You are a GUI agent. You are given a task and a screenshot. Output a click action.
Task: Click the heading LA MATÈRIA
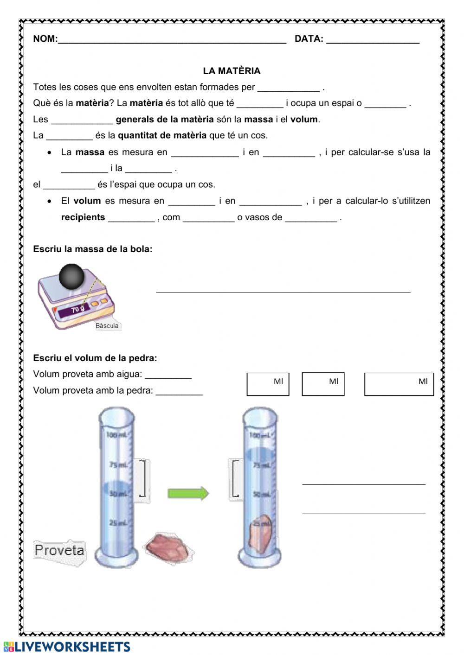[x=232, y=71]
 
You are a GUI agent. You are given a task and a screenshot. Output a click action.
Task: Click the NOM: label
[x=45, y=39]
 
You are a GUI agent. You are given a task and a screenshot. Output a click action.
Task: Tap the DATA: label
[x=309, y=39]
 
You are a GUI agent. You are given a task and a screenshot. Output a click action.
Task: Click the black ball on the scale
[x=71, y=277]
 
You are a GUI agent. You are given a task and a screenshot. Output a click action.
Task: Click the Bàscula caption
[x=107, y=326]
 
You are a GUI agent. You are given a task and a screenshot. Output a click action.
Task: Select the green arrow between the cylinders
[x=188, y=493]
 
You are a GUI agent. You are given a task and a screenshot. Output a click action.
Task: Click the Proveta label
[x=59, y=551]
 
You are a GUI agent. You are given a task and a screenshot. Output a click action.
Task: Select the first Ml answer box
[x=268, y=384]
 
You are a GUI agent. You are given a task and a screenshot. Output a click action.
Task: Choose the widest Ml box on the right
[x=399, y=384]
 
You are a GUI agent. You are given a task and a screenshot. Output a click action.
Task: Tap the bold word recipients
[x=83, y=217]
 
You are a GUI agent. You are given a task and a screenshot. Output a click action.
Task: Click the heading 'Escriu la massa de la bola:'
[x=93, y=249]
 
